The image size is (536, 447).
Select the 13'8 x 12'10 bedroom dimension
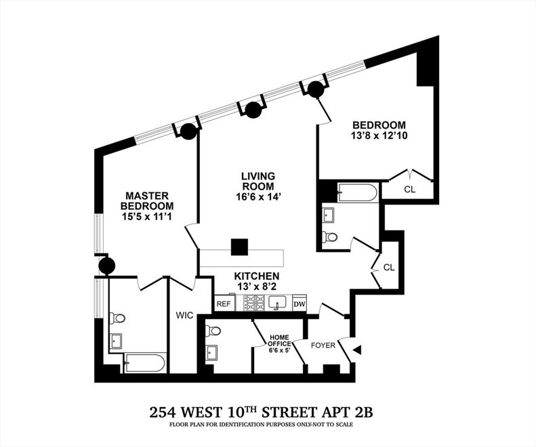(x=379, y=135)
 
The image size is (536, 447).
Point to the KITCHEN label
(x=257, y=276)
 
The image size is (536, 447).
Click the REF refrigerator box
(x=224, y=304)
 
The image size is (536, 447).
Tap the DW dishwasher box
(x=299, y=305)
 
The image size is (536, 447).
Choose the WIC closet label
(x=184, y=315)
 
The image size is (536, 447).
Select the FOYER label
(x=323, y=345)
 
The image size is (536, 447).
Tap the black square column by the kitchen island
(x=239, y=247)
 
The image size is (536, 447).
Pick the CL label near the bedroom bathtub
(x=409, y=190)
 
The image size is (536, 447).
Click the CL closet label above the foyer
(x=388, y=268)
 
